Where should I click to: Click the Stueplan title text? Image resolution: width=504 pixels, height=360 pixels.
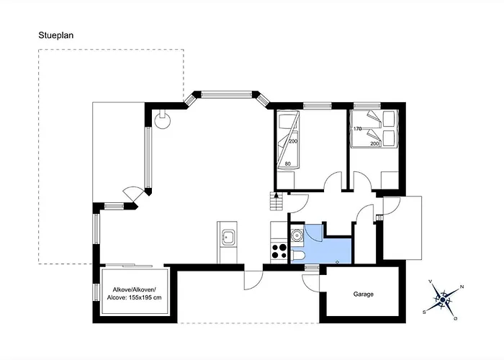56,35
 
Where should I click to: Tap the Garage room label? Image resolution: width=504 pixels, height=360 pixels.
363,294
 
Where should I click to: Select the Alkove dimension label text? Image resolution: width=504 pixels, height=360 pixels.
135,294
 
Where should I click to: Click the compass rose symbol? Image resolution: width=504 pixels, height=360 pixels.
443,300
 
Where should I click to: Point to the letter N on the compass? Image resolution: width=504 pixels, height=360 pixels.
462,287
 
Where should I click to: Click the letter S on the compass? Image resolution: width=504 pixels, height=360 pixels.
424,312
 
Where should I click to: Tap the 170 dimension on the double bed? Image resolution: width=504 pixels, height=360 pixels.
357,129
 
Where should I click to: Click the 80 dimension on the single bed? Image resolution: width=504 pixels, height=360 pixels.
288,164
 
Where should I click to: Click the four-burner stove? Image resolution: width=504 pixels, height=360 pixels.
279,251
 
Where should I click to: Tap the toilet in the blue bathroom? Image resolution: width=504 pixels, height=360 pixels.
298,256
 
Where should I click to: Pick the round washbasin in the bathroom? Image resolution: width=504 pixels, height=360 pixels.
297,235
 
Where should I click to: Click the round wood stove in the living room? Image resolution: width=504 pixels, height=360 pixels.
163,120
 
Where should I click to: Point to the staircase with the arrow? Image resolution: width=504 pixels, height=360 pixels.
276,201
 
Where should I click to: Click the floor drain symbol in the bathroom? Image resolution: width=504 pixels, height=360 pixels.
337,261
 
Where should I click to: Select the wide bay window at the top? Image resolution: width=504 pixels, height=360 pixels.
227,94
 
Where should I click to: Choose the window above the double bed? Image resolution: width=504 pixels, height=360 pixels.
367,105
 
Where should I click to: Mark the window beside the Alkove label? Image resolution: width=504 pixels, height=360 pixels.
96,292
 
